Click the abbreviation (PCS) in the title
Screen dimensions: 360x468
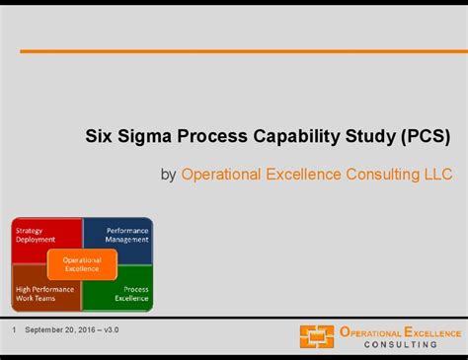coord(427,136)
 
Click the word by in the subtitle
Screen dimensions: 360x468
coord(168,175)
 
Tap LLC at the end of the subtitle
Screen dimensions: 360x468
coord(438,175)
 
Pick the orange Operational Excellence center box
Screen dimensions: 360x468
coord(82,264)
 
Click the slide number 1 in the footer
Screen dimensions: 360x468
coord(15,328)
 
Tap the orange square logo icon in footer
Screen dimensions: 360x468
coord(316,337)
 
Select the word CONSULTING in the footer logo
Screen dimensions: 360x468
coord(401,344)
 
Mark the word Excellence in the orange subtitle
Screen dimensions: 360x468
coord(305,175)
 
